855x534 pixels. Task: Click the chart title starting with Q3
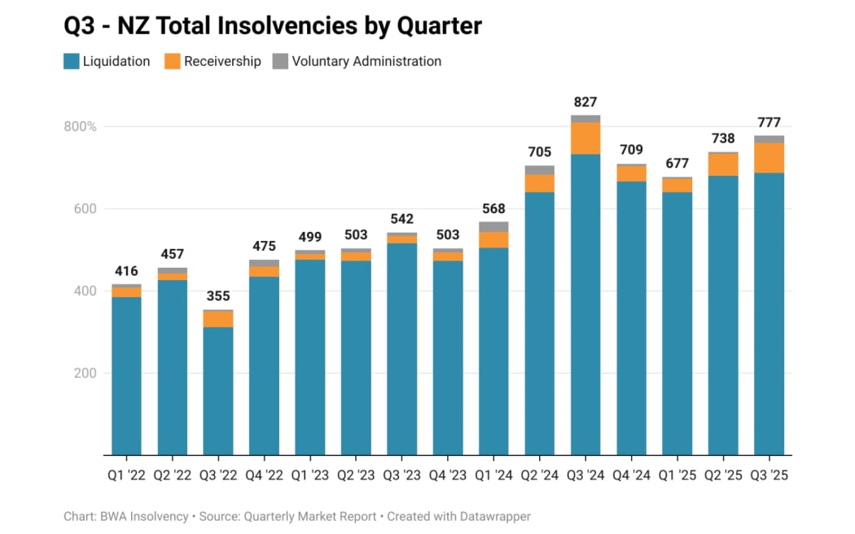click(x=273, y=26)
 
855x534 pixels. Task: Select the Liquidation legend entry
click(x=107, y=61)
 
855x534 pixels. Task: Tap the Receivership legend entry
click(x=213, y=61)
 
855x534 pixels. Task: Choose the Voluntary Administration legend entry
click(x=357, y=61)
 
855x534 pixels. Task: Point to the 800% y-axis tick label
click(x=80, y=127)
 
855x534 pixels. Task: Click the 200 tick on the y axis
click(x=86, y=373)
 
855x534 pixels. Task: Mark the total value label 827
click(x=585, y=103)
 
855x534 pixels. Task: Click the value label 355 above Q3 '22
click(x=218, y=296)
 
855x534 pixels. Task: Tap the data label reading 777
click(x=769, y=123)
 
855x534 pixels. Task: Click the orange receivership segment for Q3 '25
click(x=769, y=158)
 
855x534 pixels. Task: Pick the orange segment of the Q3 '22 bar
click(x=218, y=319)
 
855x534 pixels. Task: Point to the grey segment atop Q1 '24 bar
click(x=493, y=226)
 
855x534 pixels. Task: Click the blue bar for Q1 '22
click(x=126, y=375)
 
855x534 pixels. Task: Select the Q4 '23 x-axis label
click(x=448, y=475)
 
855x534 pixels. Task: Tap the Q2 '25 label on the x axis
click(x=723, y=475)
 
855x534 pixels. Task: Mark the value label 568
click(x=493, y=207)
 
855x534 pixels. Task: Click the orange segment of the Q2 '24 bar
click(x=540, y=183)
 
